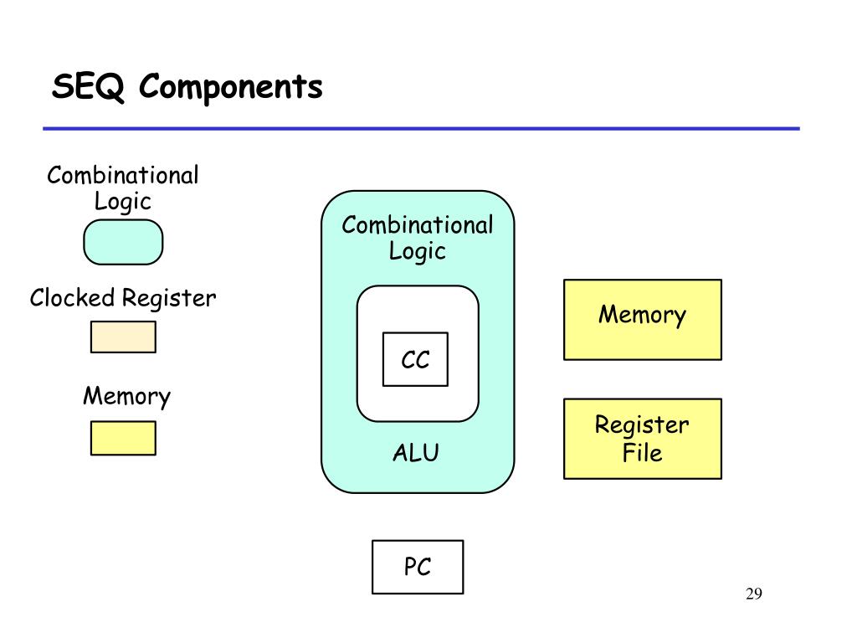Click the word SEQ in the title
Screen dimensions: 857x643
pos(89,87)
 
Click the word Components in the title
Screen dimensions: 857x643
pos(231,87)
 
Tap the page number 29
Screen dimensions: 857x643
pos(754,594)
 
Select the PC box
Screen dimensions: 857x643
pos(418,567)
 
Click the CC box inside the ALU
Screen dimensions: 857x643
pos(415,359)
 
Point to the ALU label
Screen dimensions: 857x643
pos(416,453)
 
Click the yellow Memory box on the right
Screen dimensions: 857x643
pos(643,320)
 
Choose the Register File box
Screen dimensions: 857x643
pos(643,439)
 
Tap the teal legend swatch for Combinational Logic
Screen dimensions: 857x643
pos(123,242)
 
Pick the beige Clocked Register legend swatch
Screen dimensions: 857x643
pos(123,337)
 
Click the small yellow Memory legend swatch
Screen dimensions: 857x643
pos(123,438)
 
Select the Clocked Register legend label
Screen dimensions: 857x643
pos(123,299)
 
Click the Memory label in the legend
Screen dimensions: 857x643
pos(127,396)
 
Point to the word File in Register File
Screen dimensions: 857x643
pos(642,453)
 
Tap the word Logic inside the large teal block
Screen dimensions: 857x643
pos(417,252)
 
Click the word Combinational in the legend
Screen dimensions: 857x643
pos(123,176)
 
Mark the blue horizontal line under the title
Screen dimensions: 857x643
pos(422,128)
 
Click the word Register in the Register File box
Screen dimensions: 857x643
pos(642,424)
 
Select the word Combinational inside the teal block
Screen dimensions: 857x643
pos(418,225)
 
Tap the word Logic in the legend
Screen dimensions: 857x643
pos(122,202)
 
